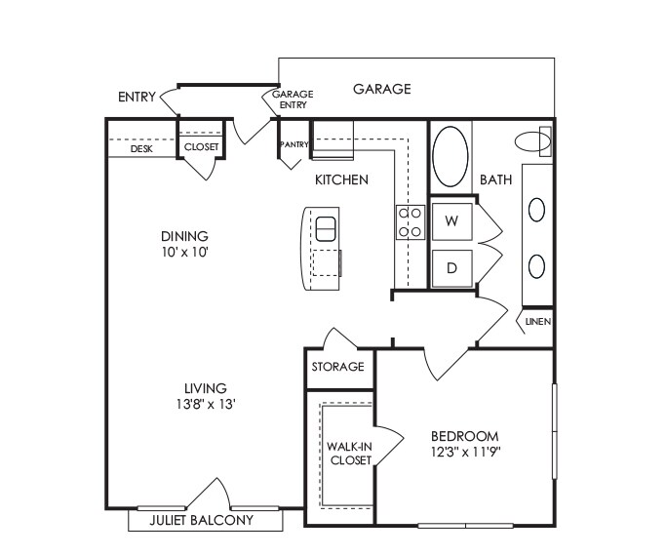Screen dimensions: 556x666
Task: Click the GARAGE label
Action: point(381,89)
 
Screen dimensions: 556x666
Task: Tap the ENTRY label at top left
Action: point(137,97)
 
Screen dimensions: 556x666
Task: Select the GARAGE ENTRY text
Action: point(293,99)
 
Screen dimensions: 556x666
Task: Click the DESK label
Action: point(141,148)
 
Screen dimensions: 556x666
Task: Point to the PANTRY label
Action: point(294,145)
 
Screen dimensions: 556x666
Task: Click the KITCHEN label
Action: point(340,179)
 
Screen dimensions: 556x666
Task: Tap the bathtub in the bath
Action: point(451,157)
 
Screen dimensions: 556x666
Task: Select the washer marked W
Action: point(451,221)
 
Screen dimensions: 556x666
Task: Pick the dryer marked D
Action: point(451,266)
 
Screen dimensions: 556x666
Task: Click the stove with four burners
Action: point(410,221)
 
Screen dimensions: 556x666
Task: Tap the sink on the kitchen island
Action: point(326,228)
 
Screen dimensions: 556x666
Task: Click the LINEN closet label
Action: point(537,321)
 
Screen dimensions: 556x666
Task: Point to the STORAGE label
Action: point(337,367)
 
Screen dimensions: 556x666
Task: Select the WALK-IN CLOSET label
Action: point(349,453)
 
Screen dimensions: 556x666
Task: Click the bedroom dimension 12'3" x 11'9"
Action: point(464,451)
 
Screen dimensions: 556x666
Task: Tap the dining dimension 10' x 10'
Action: point(185,251)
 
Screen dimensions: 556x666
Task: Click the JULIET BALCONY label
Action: point(201,521)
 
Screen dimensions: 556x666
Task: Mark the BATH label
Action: point(495,180)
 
